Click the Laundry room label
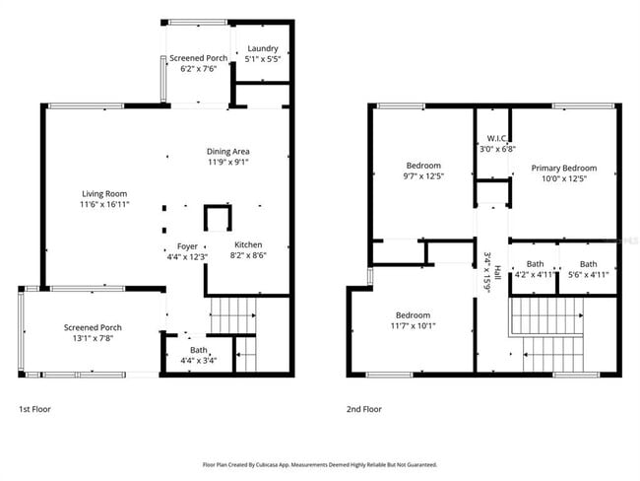(x=263, y=48)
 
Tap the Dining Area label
(x=227, y=151)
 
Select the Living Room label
(x=103, y=194)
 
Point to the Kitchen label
(x=247, y=244)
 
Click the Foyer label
(x=187, y=245)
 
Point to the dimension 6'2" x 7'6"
(x=199, y=69)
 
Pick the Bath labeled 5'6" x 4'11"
(x=588, y=275)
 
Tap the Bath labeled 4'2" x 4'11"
(x=535, y=275)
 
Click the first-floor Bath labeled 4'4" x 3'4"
(x=199, y=360)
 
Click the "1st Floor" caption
(x=35, y=408)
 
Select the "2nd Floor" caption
(x=363, y=408)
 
